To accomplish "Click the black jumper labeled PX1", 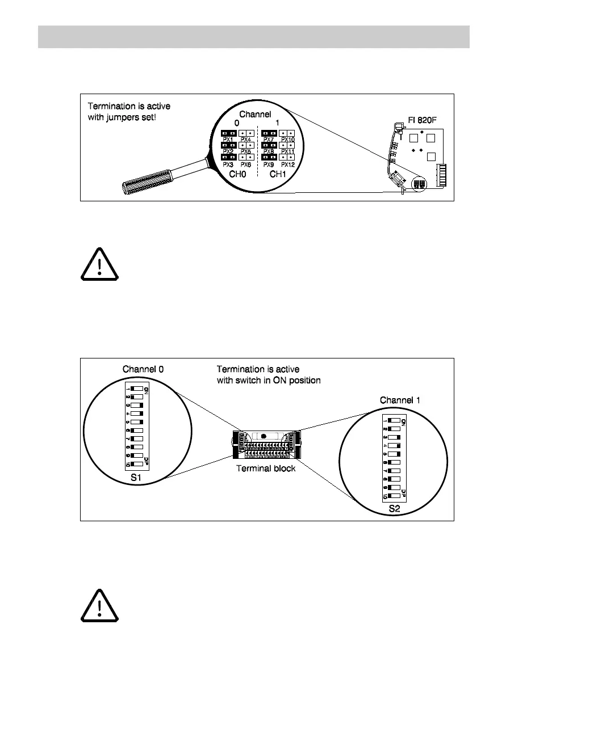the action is point(228,133).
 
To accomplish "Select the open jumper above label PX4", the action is point(246,133).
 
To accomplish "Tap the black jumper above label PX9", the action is point(269,157).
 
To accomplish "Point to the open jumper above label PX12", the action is point(287,157).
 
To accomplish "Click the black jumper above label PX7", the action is point(269,133).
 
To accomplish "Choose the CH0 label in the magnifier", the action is point(237,174).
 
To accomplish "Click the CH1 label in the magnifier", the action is point(278,174).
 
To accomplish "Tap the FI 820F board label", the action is point(421,121).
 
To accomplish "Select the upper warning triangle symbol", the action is point(99,265).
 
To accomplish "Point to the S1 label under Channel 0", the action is point(136,478).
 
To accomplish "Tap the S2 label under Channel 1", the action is point(394,509).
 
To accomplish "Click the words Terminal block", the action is point(265,469).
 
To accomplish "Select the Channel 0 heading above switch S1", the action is point(143,369).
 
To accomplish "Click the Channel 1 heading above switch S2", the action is point(400,400).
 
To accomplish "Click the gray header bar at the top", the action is point(253,37).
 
